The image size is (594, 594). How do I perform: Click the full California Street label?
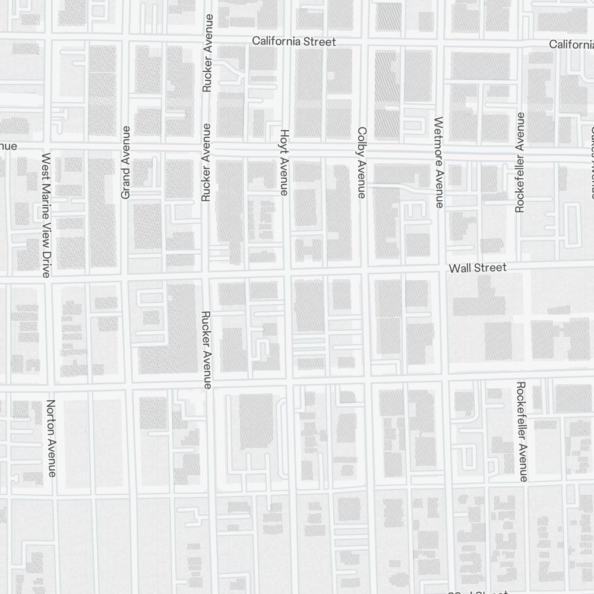pyautogui.click(x=293, y=42)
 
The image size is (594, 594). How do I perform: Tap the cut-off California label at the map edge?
pyautogui.click(x=571, y=45)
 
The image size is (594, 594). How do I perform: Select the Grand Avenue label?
pyautogui.click(x=125, y=162)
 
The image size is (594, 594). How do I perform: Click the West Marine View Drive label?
pyautogui.click(x=46, y=215)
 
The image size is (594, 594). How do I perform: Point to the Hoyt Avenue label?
pyautogui.click(x=284, y=162)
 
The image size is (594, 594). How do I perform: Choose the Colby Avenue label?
pyautogui.click(x=362, y=162)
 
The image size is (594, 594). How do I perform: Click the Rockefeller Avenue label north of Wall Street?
pyautogui.click(x=520, y=162)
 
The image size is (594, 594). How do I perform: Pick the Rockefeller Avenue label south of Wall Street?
pyautogui.click(x=522, y=431)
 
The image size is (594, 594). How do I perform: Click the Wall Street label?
pyautogui.click(x=478, y=268)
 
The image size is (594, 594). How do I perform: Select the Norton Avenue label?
pyautogui.click(x=51, y=438)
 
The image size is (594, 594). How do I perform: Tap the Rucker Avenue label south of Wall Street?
pyautogui.click(x=207, y=350)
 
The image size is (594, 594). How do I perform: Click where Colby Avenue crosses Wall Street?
pyautogui.click(x=364, y=271)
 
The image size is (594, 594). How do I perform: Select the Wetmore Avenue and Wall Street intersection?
pyautogui.click(x=442, y=270)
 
